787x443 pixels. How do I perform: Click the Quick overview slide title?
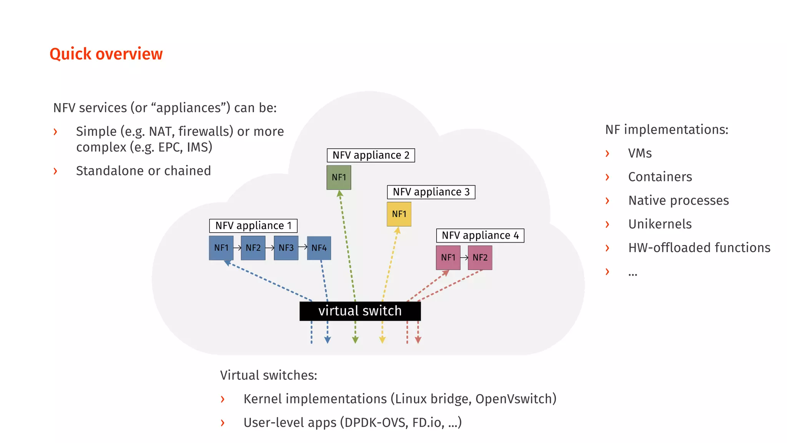click(106, 54)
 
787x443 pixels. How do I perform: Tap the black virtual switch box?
click(360, 311)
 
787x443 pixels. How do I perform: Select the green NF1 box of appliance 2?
click(339, 177)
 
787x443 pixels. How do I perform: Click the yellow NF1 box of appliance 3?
click(399, 214)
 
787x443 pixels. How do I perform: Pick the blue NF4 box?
click(319, 248)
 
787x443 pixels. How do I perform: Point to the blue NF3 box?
click(286, 248)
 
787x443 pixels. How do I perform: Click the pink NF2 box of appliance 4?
click(480, 258)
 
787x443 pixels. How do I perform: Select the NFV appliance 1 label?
click(253, 225)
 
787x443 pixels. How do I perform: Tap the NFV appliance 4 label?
click(480, 235)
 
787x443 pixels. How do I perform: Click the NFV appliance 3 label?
click(431, 192)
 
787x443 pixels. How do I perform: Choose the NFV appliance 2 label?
click(371, 155)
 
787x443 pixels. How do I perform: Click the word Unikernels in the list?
click(660, 224)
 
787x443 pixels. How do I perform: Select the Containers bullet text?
click(660, 177)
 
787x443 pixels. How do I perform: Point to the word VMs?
click(640, 153)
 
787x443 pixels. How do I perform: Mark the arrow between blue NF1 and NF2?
click(237, 248)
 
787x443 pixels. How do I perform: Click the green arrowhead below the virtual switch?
click(355, 340)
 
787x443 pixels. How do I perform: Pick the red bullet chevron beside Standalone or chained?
click(55, 171)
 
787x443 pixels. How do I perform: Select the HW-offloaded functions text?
click(699, 248)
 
